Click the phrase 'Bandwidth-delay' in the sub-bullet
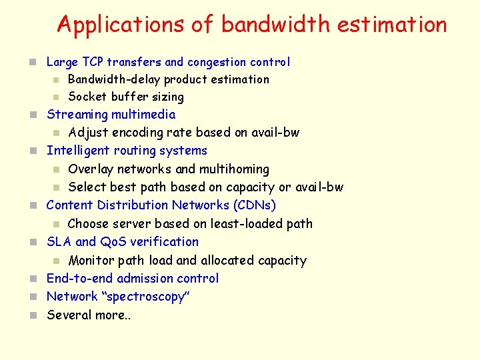[114, 79]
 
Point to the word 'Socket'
[88, 97]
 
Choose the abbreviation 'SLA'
[59, 241]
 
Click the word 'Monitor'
[91, 260]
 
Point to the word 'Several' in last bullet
[69, 315]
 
